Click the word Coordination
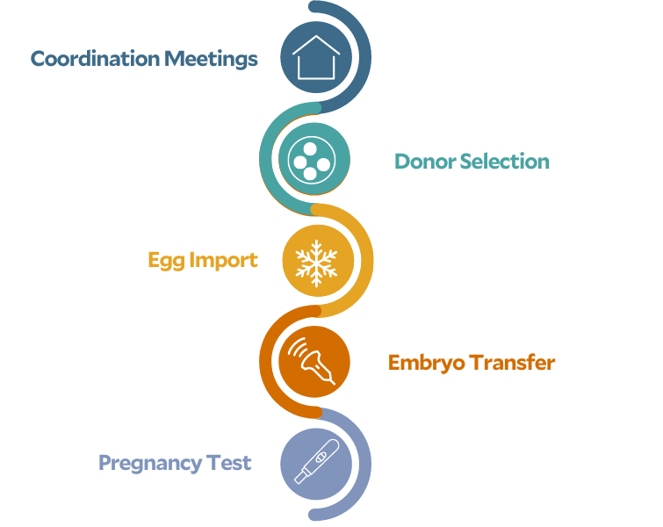pyautogui.click(x=96, y=58)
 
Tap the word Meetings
pyautogui.click(x=211, y=59)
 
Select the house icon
pyautogui.click(x=316, y=57)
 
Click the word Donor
pyautogui.click(x=425, y=162)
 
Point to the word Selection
pyautogui.click(x=505, y=162)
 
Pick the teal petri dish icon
pyautogui.click(x=312, y=161)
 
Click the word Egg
pyautogui.click(x=166, y=261)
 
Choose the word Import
pyautogui.click(x=223, y=261)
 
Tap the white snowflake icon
pyautogui.click(x=316, y=263)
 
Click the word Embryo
pyautogui.click(x=426, y=364)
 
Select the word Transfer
pyautogui.click(x=512, y=363)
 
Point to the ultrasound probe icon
pyautogui.click(x=312, y=361)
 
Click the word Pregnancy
pyautogui.click(x=150, y=464)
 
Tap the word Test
pyautogui.click(x=228, y=463)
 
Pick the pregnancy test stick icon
pyautogui.click(x=317, y=461)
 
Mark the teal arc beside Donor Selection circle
pyautogui.click(x=265, y=159)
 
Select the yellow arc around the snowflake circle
pyautogui.click(x=367, y=261)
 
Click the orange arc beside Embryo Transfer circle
pyautogui.click(x=265, y=362)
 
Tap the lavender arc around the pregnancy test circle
pyautogui.click(x=365, y=464)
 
